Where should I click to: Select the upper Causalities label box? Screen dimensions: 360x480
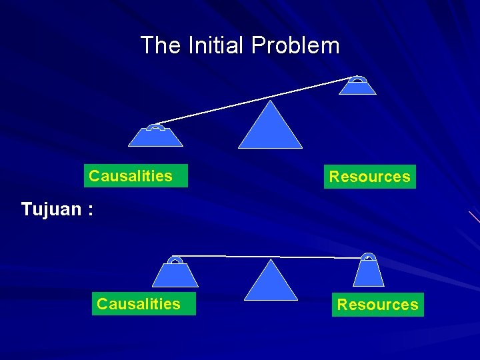(136, 176)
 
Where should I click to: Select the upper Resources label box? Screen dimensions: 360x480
(369, 177)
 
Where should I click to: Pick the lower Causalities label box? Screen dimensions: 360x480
(143, 304)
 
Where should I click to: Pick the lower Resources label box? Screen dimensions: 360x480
(377, 305)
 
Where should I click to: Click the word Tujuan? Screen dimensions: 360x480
(49, 209)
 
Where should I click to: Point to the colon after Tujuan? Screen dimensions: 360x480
(89, 211)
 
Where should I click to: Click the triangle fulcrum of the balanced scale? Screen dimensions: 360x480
(271, 283)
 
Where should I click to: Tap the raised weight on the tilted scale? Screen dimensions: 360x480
(358, 87)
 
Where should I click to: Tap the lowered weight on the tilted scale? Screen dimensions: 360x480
(155, 136)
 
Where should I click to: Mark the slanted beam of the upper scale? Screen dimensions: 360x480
(253, 101)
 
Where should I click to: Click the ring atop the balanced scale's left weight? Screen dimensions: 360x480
(175, 259)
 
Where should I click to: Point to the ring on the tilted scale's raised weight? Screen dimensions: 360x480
(358, 79)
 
